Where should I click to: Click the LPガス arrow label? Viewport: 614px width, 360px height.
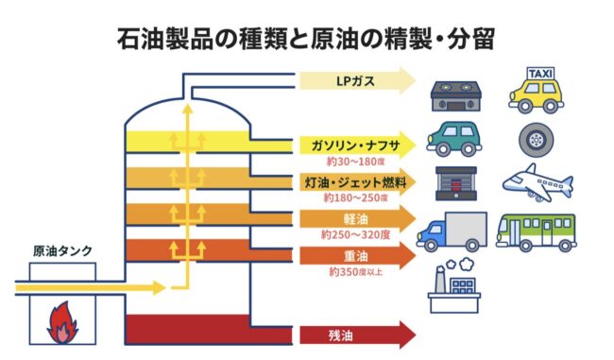point(355,81)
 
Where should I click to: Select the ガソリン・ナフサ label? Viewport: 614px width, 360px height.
point(355,146)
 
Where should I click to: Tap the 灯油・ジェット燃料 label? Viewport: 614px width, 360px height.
point(355,182)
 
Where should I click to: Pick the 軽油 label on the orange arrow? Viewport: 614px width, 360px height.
point(355,219)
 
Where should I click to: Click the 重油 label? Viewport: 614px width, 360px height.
point(355,256)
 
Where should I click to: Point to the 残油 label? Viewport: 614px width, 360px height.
point(340,335)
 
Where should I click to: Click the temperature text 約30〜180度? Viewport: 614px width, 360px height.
point(355,162)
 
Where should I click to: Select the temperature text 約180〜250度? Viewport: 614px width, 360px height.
point(355,197)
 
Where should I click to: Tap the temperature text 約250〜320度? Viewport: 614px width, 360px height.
point(355,234)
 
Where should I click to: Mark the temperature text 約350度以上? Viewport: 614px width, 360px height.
point(355,271)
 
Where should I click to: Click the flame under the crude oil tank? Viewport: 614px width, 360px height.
point(62,322)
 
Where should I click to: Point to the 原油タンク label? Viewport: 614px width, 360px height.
point(62,250)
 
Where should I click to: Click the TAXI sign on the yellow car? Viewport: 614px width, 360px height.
point(540,74)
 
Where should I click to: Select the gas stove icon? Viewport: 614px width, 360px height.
point(455,96)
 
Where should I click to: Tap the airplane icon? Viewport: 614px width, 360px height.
point(537,183)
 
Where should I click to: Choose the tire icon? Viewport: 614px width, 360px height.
point(537,140)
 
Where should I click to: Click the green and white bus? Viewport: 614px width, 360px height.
point(537,231)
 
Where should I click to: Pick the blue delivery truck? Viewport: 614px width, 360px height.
point(452,231)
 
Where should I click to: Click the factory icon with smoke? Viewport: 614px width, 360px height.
point(454,285)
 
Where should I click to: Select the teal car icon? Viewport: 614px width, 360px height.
point(453,139)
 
